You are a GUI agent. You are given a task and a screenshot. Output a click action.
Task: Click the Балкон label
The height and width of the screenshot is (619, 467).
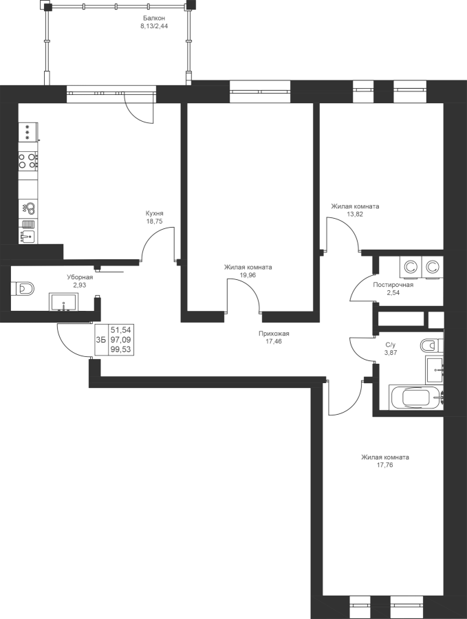click(x=154, y=18)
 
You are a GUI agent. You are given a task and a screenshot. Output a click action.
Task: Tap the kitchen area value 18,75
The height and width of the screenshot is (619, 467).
click(x=154, y=221)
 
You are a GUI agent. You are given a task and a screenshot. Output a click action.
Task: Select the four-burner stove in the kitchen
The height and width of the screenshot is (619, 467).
click(x=28, y=161)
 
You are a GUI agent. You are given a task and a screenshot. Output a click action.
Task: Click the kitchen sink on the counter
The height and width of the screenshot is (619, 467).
click(x=28, y=236)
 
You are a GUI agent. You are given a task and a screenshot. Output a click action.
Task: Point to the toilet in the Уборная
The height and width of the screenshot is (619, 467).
click(x=23, y=288)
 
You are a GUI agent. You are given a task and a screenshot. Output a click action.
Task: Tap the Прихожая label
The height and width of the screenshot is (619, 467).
click(x=274, y=334)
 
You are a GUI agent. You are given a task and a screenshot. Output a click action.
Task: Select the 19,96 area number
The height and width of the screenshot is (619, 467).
click(x=248, y=275)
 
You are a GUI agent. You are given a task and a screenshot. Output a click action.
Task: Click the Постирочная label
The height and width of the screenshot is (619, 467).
click(x=393, y=285)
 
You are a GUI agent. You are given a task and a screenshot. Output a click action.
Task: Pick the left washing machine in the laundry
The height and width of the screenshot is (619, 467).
click(x=411, y=268)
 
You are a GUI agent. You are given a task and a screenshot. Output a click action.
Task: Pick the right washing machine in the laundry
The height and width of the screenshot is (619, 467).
click(x=433, y=268)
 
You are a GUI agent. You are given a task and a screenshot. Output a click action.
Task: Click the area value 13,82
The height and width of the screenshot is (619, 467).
click(x=355, y=215)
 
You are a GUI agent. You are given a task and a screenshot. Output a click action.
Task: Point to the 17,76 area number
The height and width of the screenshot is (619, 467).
click(x=385, y=465)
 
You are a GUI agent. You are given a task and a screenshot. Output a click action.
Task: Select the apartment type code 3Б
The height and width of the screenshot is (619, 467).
click(x=101, y=340)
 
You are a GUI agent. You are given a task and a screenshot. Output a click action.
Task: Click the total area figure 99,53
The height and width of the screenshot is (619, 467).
click(x=121, y=349)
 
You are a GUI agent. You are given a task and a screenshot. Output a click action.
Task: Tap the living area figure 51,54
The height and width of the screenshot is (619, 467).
click(x=121, y=329)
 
